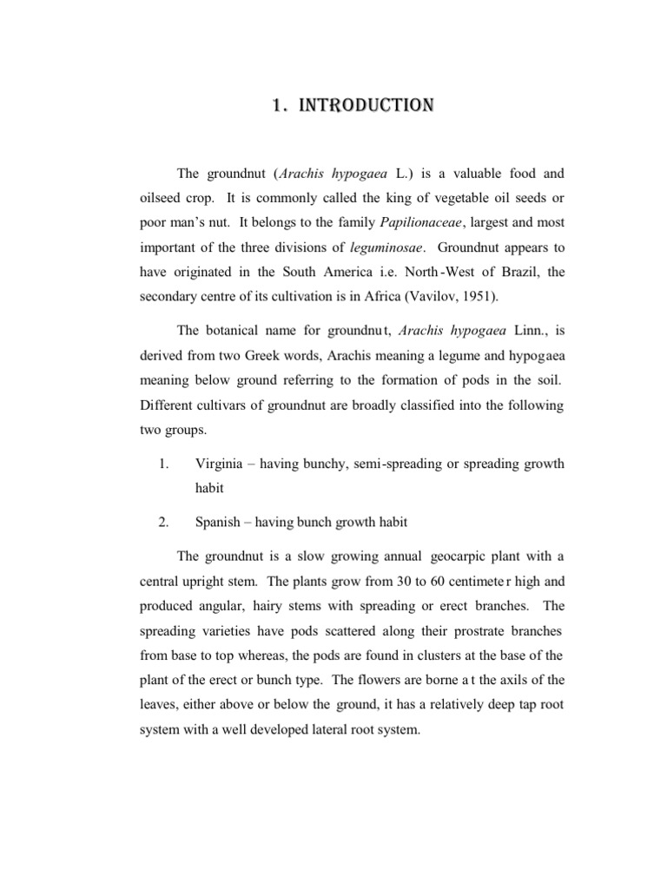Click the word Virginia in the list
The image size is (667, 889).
[222, 463]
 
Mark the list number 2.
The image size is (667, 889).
[162, 522]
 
